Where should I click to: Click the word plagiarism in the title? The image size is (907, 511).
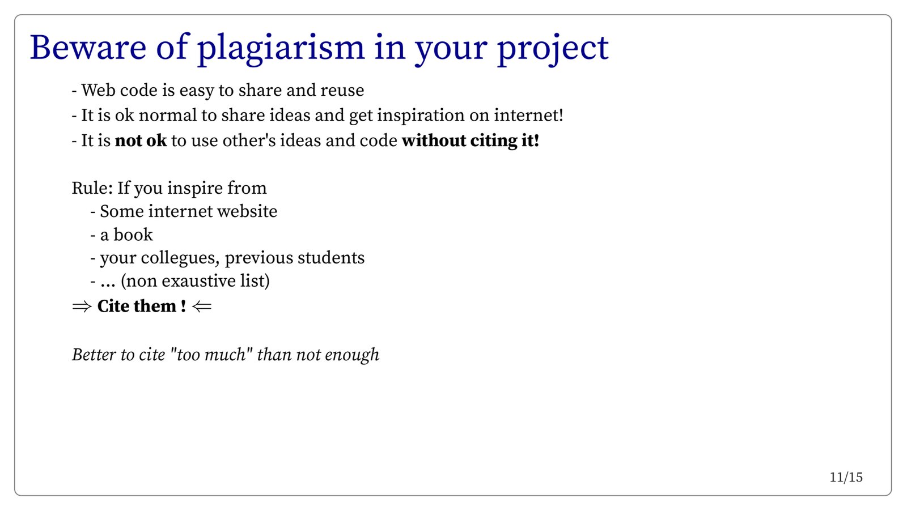coord(281,49)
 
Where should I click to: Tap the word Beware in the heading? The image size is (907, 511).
coord(88,48)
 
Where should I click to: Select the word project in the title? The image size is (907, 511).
coord(553,49)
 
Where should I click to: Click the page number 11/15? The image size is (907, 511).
coord(846,478)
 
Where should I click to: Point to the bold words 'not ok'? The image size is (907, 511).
coord(141,140)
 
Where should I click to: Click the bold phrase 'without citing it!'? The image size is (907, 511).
coord(471,140)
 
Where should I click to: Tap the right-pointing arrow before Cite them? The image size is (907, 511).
coord(82,306)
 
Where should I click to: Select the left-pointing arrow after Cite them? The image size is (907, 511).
coord(202,306)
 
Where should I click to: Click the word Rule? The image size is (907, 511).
coord(92,188)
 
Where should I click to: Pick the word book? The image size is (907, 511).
coord(133,235)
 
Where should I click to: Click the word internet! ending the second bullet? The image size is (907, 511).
coord(528,116)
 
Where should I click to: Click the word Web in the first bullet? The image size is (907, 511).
coord(98,90)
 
